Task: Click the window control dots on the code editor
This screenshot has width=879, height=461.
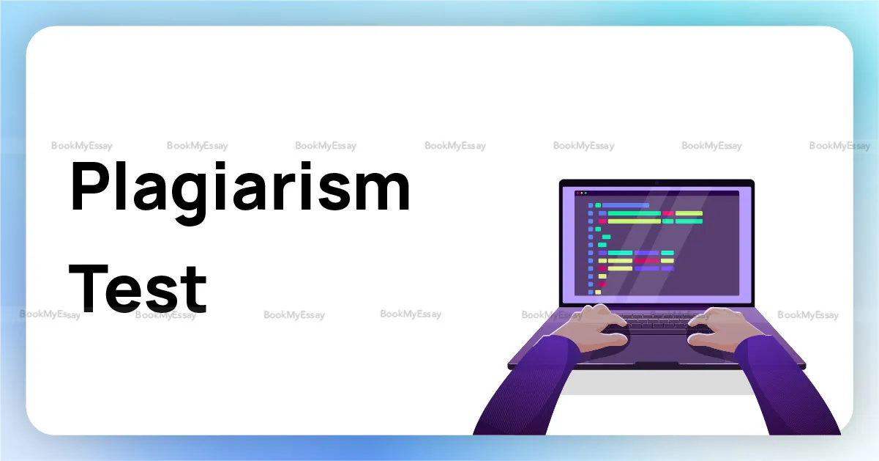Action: [x=581, y=193]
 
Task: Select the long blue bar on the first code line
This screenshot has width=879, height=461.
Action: [x=625, y=205]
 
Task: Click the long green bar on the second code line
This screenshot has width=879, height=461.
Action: [x=634, y=213]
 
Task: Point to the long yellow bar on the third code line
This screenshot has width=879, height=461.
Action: [x=634, y=221]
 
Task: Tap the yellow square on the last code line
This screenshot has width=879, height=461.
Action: [x=598, y=292]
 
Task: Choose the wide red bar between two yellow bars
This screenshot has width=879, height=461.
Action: [x=646, y=260]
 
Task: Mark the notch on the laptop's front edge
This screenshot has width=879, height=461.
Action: [x=656, y=364]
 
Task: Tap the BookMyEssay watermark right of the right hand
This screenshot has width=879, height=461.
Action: [x=807, y=315]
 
